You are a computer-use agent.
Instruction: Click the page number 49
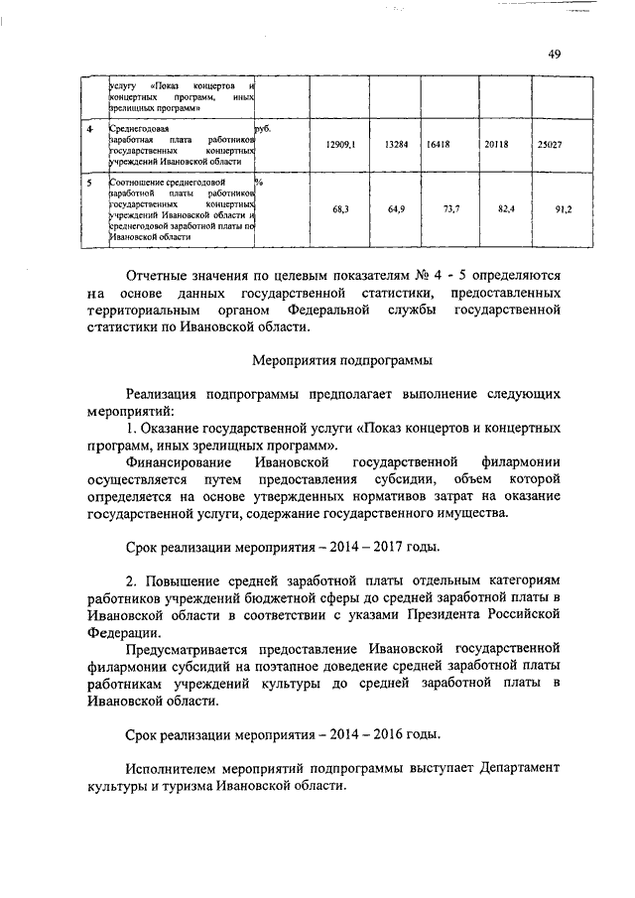(x=554, y=54)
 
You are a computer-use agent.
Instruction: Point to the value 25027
(x=550, y=145)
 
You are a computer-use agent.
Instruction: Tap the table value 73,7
(x=452, y=210)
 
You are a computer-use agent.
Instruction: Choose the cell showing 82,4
(x=508, y=210)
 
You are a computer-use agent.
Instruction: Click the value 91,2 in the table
(x=563, y=210)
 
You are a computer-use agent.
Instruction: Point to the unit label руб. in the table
(x=263, y=129)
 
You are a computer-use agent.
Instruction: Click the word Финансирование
(x=178, y=462)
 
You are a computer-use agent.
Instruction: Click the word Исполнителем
(x=177, y=768)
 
